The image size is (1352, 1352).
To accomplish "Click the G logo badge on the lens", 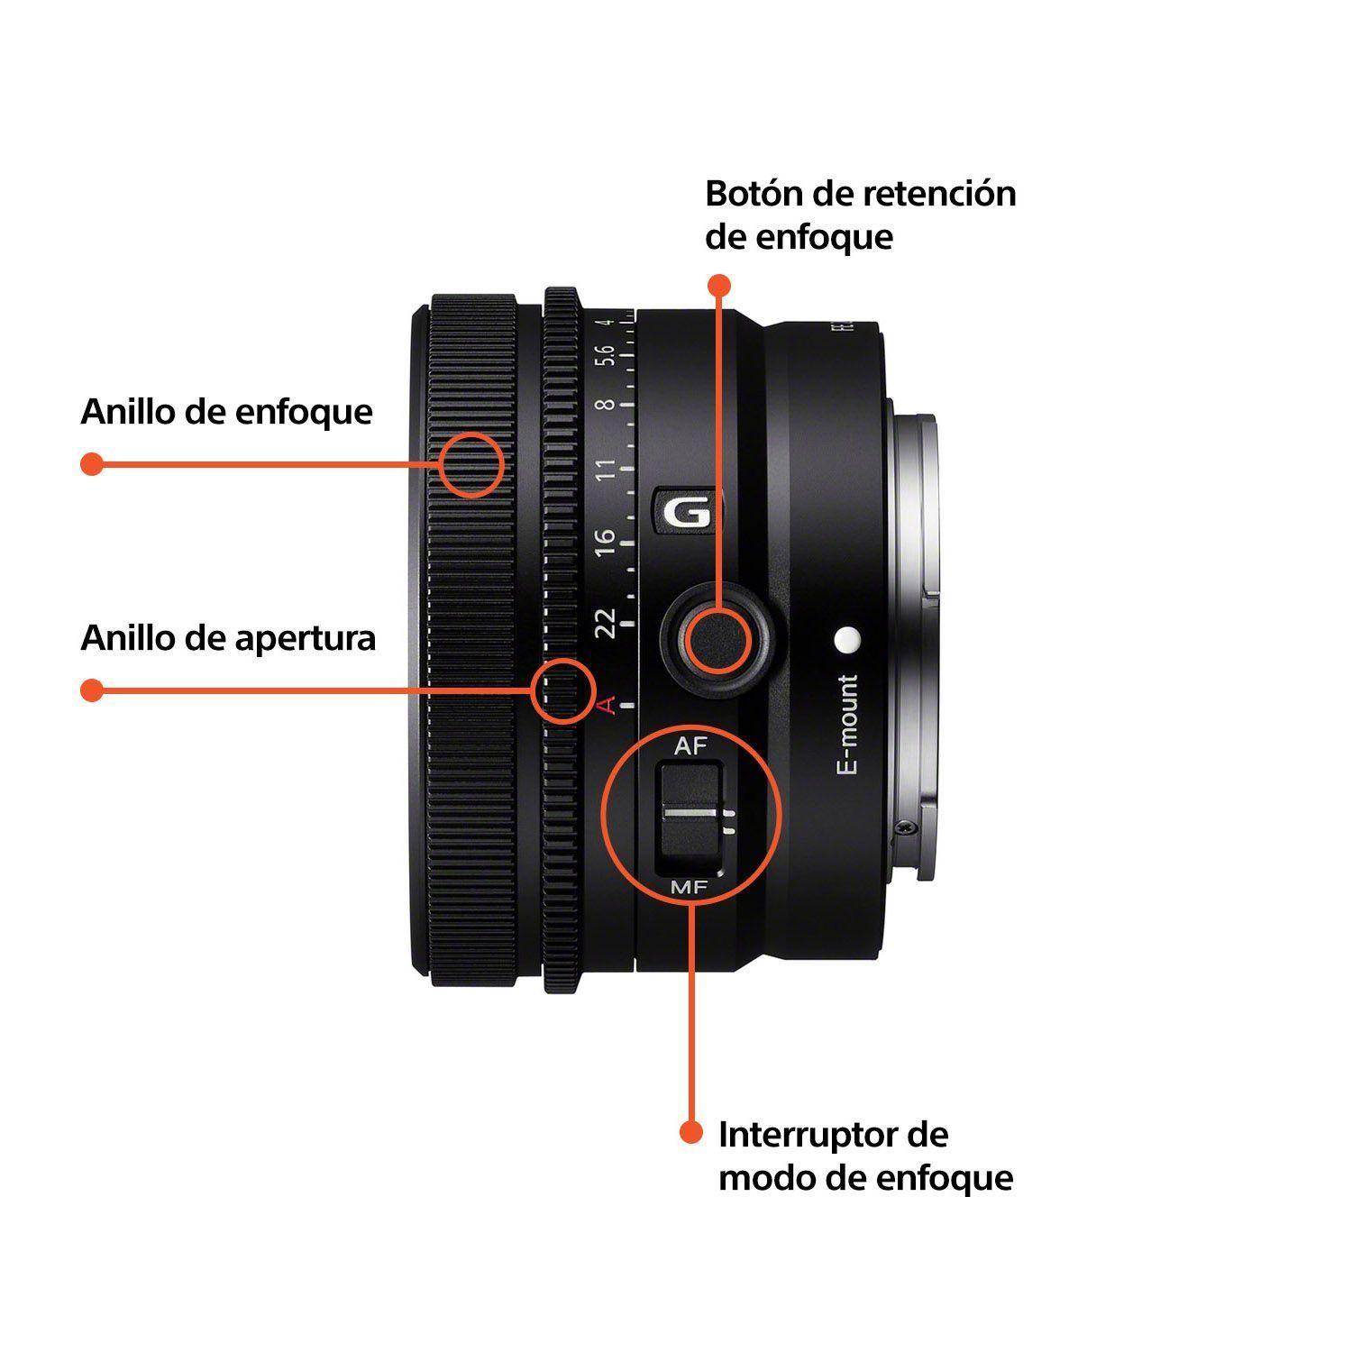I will (x=687, y=514).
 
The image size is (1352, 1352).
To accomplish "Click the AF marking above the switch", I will (x=690, y=746).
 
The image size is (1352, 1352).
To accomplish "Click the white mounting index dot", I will (x=847, y=639).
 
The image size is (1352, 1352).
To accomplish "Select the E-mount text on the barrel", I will (x=847, y=725).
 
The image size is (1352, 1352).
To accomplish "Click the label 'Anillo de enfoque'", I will (x=226, y=412).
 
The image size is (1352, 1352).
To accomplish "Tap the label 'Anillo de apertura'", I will (x=228, y=638).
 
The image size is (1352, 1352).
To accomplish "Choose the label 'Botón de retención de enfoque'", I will (x=860, y=215).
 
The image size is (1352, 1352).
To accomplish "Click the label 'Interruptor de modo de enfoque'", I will (x=864, y=1156).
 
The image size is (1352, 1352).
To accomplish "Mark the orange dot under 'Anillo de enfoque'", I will (x=91, y=464).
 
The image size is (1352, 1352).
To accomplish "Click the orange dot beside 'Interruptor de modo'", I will (x=690, y=1132).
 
